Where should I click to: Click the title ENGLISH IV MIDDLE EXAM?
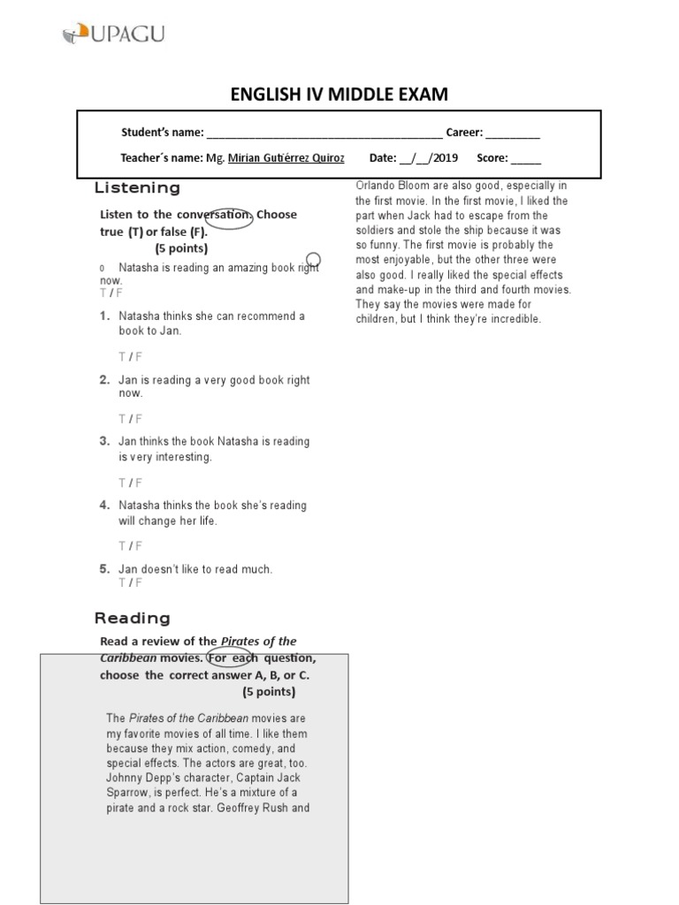339,95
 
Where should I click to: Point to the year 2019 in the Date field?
445,159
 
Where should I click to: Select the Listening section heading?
137,188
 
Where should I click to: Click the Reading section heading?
133,618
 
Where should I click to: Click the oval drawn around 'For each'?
229,657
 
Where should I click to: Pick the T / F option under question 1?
130,356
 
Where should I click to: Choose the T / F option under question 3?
130,483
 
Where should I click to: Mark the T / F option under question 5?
130,583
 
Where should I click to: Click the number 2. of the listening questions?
104,380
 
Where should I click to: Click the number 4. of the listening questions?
104,506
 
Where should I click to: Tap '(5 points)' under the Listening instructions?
181,248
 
